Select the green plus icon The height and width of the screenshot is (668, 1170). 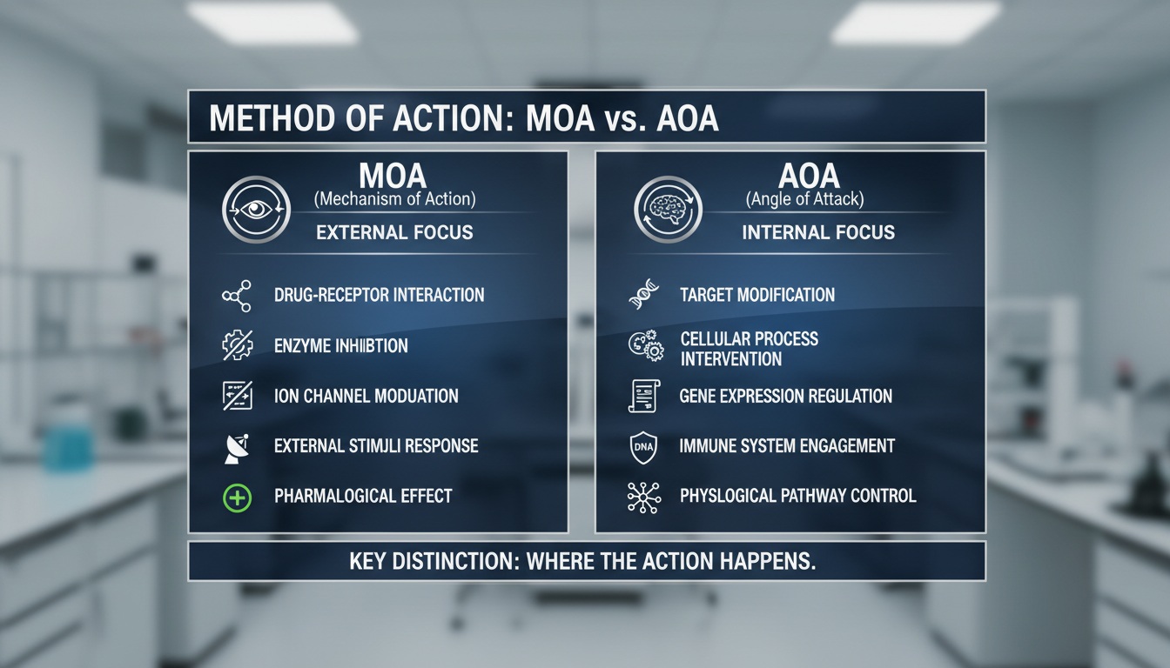click(x=237, y=498)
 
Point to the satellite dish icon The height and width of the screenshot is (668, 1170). click(x=237, y=447)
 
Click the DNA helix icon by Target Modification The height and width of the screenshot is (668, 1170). click(x=644, y=296)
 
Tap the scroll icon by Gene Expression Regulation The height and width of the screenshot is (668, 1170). click(x=644, y=396)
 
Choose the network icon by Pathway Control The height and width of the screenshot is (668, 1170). click(x=644, y=497)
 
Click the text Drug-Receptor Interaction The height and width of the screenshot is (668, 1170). click(x=379, y=295)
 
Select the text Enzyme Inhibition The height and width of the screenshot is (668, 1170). click(x=340, y=345)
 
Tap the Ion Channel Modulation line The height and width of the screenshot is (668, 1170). click(x=366, y=396)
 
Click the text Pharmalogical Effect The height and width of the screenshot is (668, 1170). click(x=363, y=497)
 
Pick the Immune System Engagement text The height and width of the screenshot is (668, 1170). click(x=787, y=446)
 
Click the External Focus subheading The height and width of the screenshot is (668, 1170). click(x=394, y=232)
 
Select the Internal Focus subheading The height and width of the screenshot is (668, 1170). click(x=818, y=232)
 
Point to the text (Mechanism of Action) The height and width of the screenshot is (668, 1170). click(x=394, y=199)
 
